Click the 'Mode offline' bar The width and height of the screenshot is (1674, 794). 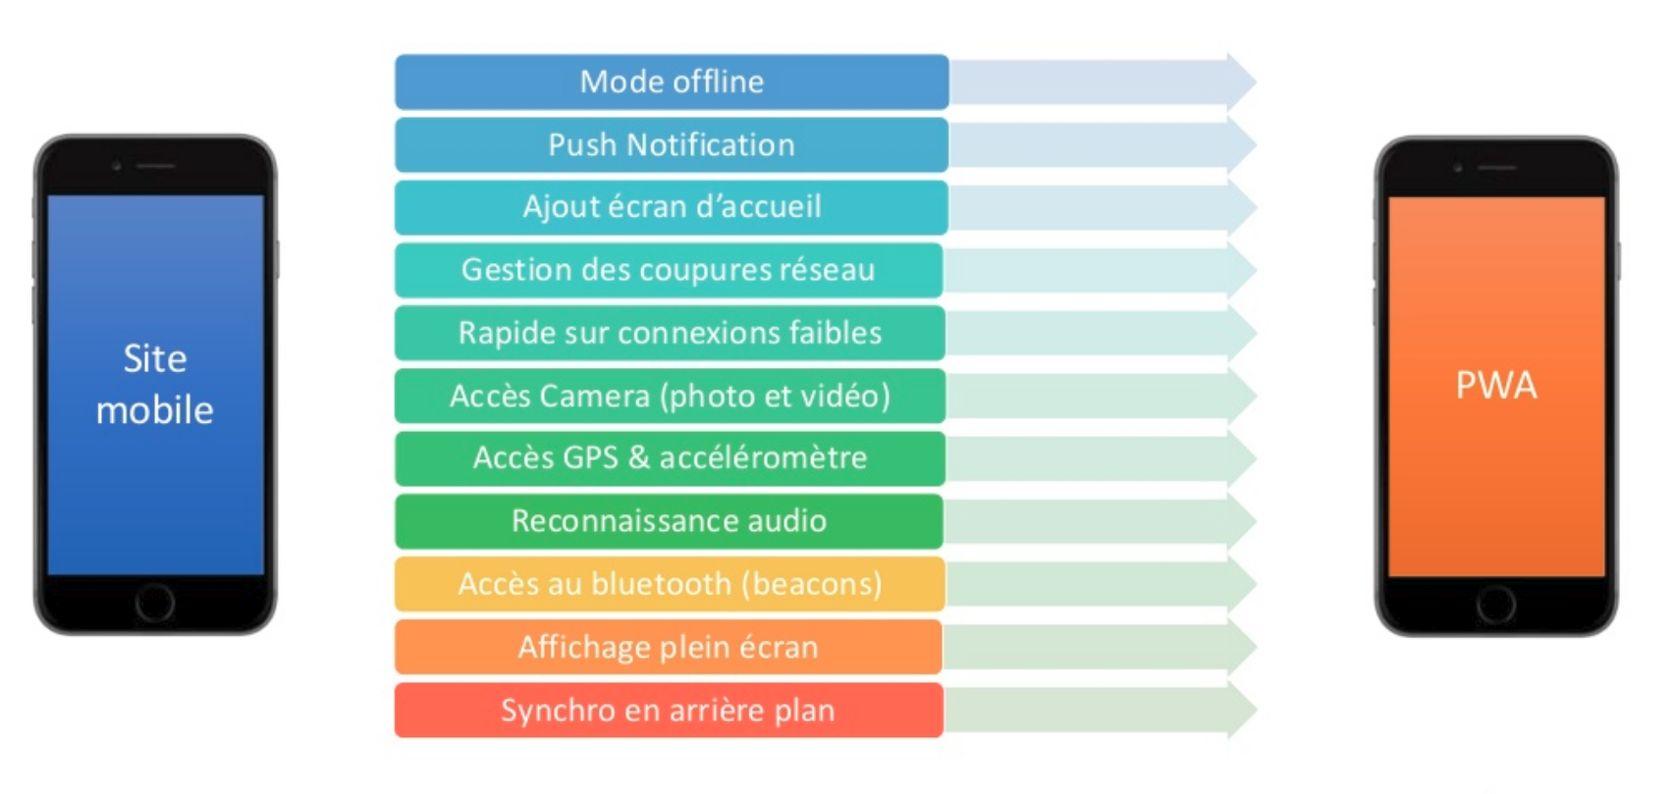tap(672, 81)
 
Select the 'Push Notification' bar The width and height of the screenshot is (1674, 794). tap(672, 145)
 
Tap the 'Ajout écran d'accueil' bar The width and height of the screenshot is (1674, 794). tap(672, 207)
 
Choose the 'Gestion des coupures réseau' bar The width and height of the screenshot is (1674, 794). tap(669, 270)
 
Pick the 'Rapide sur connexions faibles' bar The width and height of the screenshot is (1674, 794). tap(670, 333)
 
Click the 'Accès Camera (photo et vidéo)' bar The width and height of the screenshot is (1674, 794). tap(670, 396)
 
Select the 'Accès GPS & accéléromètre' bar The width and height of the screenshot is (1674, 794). tap(670, 458)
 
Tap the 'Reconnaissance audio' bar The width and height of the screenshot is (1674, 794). tap(669, 521)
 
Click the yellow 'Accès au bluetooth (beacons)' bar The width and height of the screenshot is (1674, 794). tap(670, 584)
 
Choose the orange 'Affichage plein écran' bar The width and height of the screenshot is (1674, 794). tap(669, 647)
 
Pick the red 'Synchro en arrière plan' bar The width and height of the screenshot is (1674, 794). tap(669, 710)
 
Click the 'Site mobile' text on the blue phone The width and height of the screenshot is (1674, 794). tap(155, 385)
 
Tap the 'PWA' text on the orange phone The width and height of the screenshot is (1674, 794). tap(1495, 386)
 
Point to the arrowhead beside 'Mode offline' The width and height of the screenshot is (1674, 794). tap(1240, 81)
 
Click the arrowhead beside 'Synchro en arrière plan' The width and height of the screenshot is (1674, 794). tap(1240, 710)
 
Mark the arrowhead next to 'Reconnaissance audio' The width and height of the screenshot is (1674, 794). tap(1240, 521)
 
